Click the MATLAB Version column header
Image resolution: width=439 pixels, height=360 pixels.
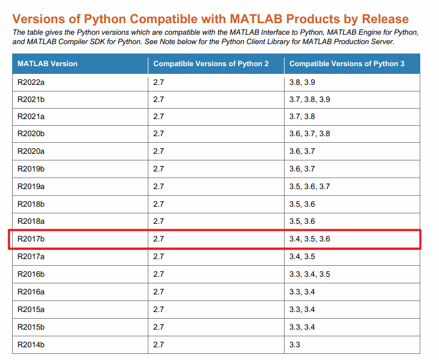point(47,64)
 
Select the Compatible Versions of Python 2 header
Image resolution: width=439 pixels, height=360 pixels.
point(211,64)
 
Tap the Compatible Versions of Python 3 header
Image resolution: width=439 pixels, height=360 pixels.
point(347,64)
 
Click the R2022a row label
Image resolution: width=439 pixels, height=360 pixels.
point(31,82)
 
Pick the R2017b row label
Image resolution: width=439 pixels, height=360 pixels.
point(31,239)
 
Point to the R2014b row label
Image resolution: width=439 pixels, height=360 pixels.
point(31,345)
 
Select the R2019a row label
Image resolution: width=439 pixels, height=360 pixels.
point(31,186)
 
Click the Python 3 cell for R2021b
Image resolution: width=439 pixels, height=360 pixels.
point(310,100)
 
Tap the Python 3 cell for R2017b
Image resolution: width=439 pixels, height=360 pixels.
point(310,239)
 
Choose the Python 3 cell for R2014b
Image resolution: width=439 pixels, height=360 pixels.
point(295,345)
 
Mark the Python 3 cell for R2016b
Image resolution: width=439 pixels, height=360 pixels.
point(310,274)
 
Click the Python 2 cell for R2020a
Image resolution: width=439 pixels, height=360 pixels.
point(159,151)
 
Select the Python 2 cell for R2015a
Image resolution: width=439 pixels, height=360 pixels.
point(159,309)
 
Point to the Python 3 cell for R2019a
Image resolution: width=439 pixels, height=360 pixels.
point(310,186)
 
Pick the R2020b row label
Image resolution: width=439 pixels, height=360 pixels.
point(31,133)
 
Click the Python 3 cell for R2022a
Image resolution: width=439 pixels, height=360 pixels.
point(302,82)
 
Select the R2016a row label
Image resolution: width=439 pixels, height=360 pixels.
point(31,292)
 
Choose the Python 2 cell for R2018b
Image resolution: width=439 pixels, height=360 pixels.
point(159,204)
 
